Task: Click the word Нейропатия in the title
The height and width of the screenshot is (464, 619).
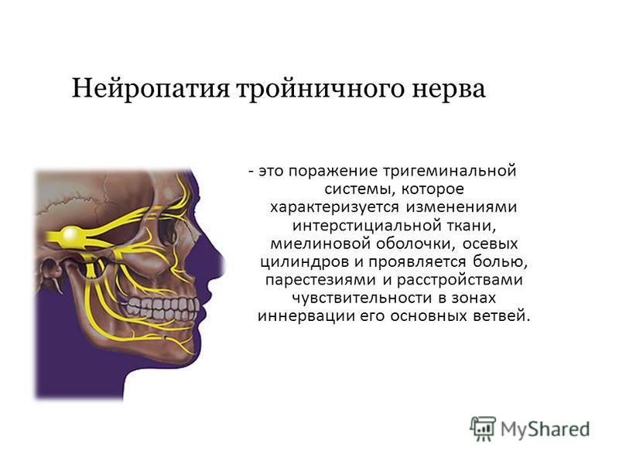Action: pyautogui.click(x=150, y=88)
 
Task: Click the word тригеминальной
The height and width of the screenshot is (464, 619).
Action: pyautogui.click(x=450, y=172)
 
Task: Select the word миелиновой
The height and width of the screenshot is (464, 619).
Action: pyautogui.click(x=320, y=244)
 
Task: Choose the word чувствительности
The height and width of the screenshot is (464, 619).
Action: pyautogui.click(x=361, y=298)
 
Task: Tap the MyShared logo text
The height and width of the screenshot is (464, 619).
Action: pyautogui.click(x=545, y=429)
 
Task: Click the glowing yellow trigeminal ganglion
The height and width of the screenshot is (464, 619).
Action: pyautogui.click(x=70, y=235)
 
